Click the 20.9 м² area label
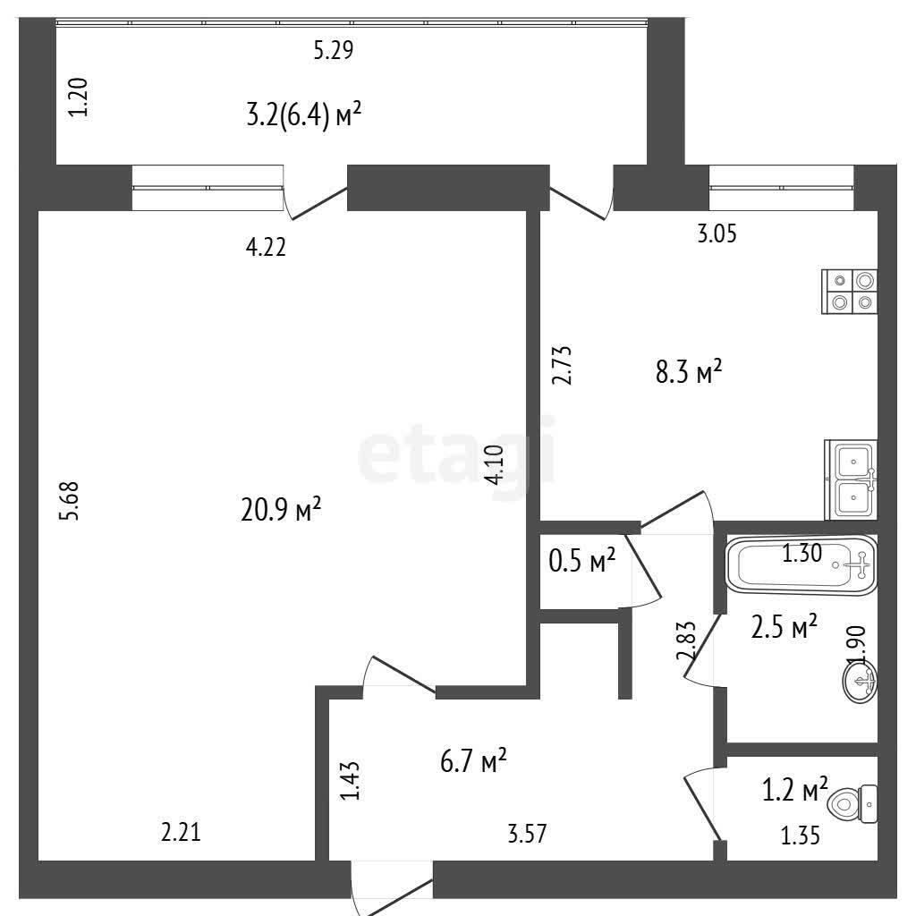click(281, 509)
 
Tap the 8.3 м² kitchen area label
click(689, 371)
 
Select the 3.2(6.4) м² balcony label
click(304, 114)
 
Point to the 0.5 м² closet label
click(582, 562)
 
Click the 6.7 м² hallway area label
click(473, 762)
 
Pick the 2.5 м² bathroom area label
click(784, 627)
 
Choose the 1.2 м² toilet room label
click(795, 789)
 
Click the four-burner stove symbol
click(850, 292)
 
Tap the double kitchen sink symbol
click(852, 479)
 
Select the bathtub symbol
click(801, 565)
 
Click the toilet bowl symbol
click(852, 804)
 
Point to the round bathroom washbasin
click(861, 681)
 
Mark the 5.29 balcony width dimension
click(334, 50)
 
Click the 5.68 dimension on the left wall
click(69, 501)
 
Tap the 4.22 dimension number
click(267, 248)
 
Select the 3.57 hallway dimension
click(528, 834)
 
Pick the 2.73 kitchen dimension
click(563, 366)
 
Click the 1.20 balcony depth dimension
click(79, 98)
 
